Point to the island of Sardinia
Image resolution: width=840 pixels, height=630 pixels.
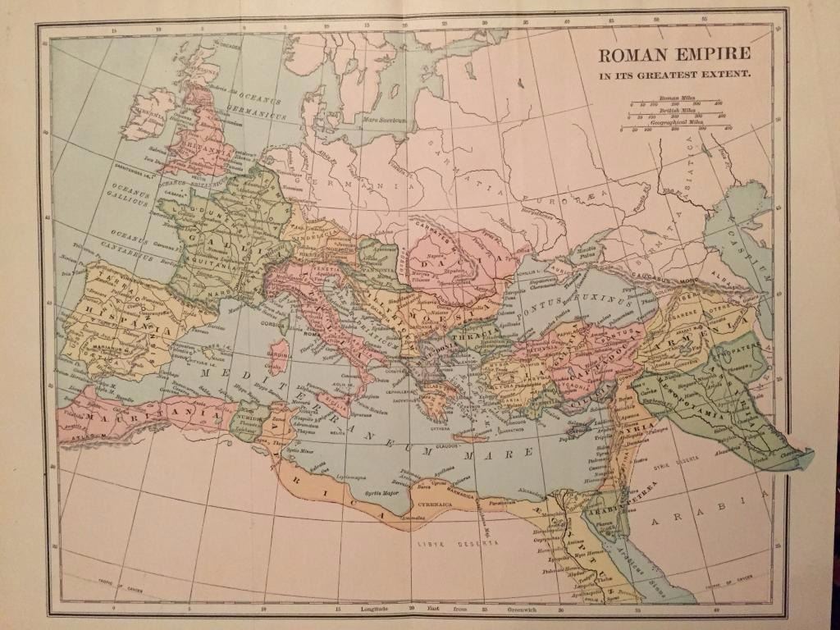(279, 358)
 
